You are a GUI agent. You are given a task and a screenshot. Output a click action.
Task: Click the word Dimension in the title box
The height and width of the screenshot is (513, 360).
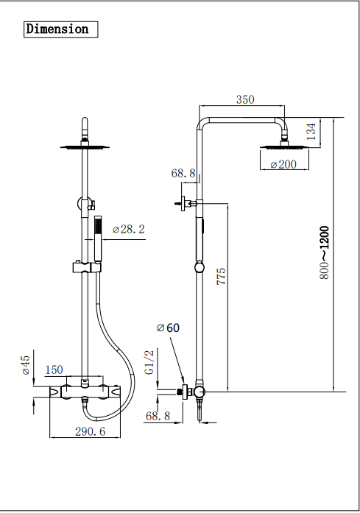(x=57, y=29)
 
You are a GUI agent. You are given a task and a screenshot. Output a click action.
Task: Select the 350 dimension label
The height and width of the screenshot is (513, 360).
(x=245, y=99)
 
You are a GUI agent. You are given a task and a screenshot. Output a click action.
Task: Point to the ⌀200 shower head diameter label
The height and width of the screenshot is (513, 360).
(x=283, y=164)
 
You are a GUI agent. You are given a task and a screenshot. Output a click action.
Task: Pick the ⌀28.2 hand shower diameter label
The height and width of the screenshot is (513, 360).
(x=129, y=230)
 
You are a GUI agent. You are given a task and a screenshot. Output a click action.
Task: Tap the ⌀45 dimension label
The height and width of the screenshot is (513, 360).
(x=25, y=366)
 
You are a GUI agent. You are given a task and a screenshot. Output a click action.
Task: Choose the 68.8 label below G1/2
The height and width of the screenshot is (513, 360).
(x=158, y=416)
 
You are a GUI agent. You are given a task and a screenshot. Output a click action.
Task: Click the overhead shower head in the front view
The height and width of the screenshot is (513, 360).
(x=85, y=147)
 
